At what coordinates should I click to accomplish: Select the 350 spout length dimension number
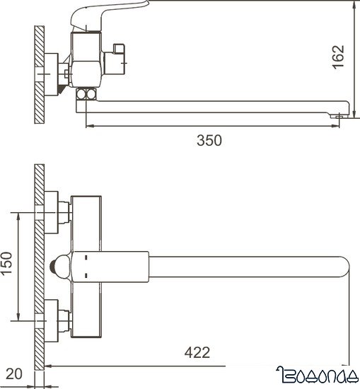tap(209, 140)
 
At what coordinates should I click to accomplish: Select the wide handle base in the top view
tap(113, 266)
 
